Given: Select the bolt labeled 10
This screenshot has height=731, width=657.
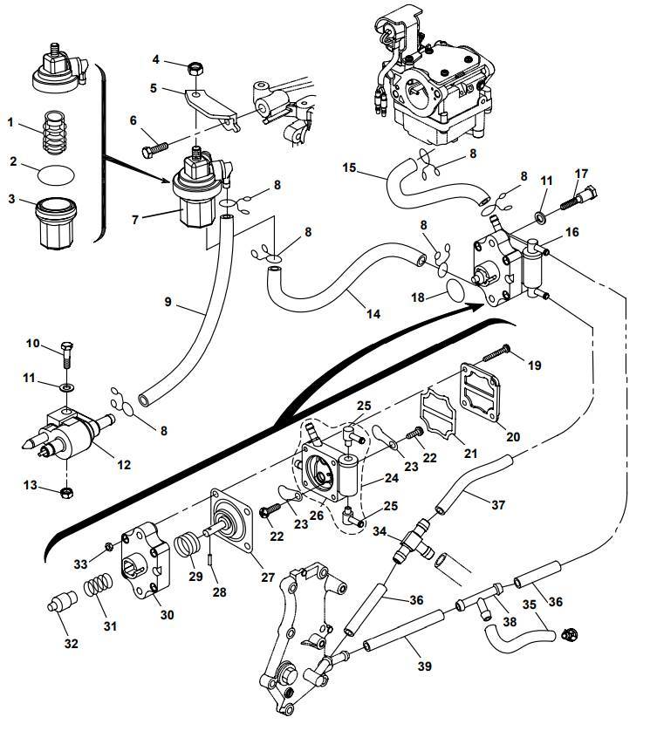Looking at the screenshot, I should [x=67, y=353].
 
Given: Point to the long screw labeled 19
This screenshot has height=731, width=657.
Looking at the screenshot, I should [x=493, y=354].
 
